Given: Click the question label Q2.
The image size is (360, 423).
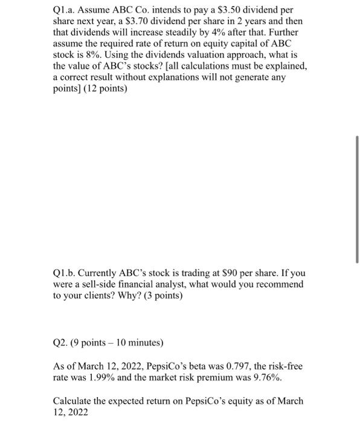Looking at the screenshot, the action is (61, 342).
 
